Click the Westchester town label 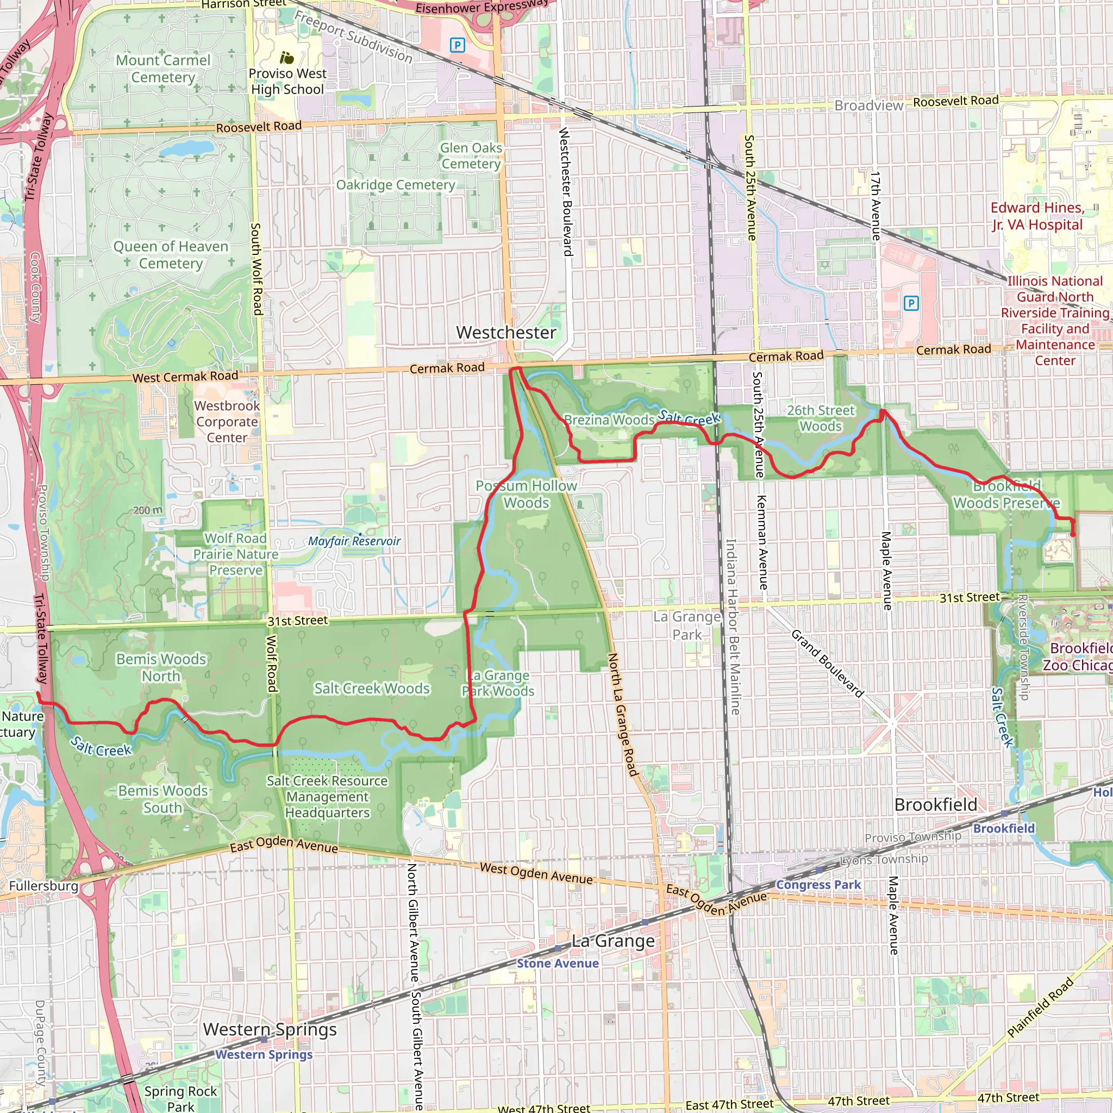coord(506,333)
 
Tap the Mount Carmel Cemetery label coord(163,68)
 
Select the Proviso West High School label coord(287,81)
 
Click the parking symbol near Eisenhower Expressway coord(458,45)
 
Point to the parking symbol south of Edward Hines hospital coord(911,303)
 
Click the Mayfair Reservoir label coord(354,541)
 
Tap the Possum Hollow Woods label coord(526,495)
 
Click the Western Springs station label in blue coord(264,1054)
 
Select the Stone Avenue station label coord(557,963)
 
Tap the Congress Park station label coord(818,884)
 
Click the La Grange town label coord(613,941)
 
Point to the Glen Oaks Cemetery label coord(471,155)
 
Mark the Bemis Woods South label coord(162,799)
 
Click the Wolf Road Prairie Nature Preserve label coord(236,554)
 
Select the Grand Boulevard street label coord(827,663)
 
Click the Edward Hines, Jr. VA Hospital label coord(1037,216)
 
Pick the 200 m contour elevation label coord(147,510)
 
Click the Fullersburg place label coord(44,885)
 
